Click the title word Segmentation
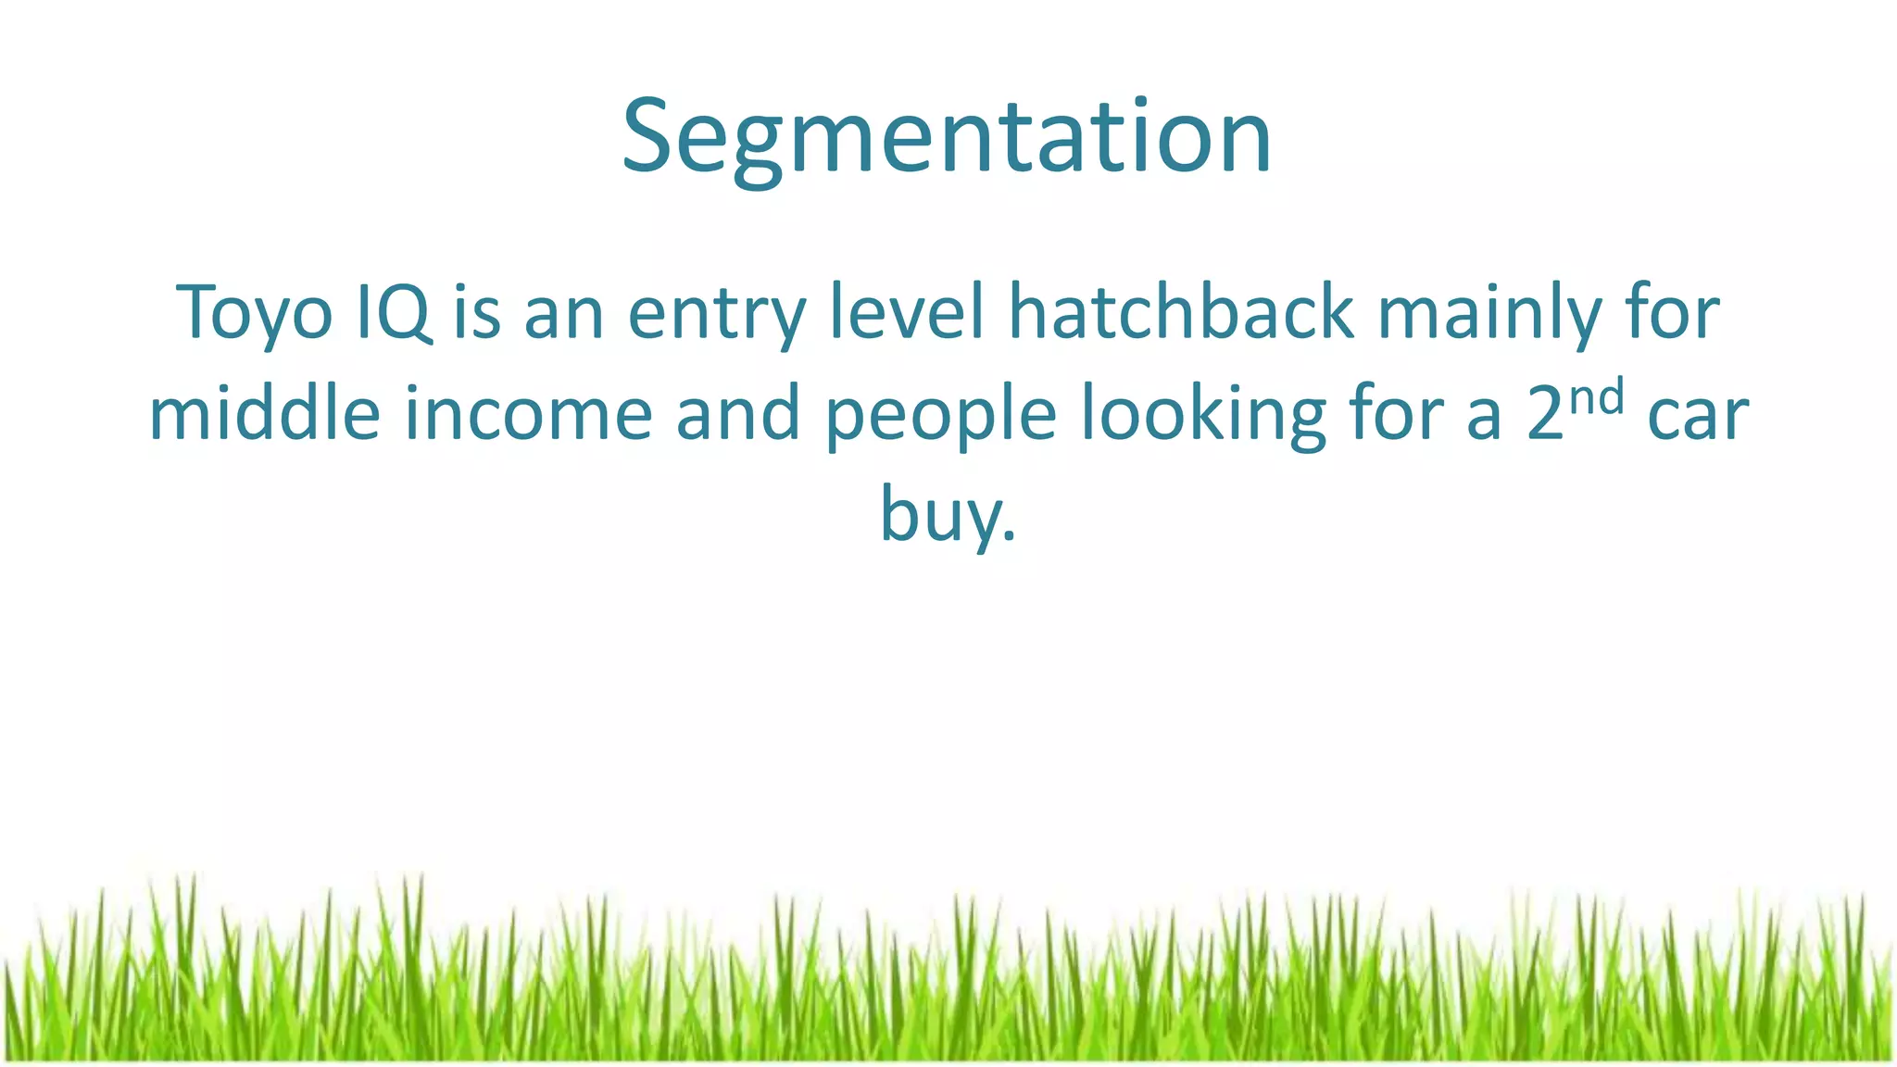click(x=947, y=139)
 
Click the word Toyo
click(x=254, y=313)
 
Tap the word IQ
click(x=394, y=313)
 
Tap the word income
click(x=529, y=414)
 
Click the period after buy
click(x=1010, y=535)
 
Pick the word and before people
click(x=738, y=414)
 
